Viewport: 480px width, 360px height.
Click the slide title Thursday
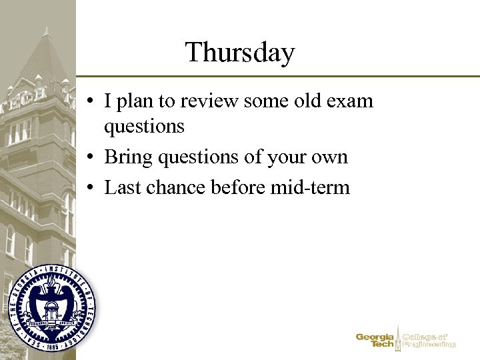pyautogui.click(x=240, y=52)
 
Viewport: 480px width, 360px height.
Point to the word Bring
pyautogui.click(x=129, y=157)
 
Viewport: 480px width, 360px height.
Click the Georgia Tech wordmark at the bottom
pyautogui.click(x=375, y=341)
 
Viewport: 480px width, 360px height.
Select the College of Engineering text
pyautogui.click(x=429, y=341)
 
